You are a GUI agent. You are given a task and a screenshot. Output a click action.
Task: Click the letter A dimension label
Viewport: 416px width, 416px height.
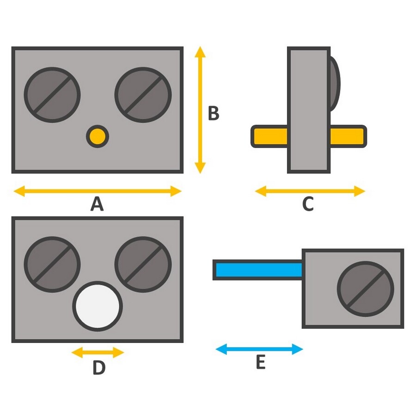tap(97, 204)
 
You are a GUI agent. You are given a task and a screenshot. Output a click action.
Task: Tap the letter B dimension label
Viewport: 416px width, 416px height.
tap(213, 113)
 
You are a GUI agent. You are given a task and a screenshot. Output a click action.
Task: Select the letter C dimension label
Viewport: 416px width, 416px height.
tap(308, 204)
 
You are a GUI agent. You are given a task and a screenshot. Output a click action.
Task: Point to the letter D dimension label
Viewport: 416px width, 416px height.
tap(99, 368)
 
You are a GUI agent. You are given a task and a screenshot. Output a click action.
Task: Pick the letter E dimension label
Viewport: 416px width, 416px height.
tap(260, 363)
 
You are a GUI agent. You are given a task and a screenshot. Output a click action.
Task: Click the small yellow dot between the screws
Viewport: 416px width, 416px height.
tap(98, 136)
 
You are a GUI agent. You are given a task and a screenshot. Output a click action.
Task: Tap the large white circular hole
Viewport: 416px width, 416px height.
tap(98, 306)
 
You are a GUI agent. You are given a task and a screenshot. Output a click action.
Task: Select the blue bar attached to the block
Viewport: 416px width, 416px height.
tap(257, 270)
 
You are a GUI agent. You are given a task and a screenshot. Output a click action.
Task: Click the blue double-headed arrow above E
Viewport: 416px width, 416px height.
tap(259, 349)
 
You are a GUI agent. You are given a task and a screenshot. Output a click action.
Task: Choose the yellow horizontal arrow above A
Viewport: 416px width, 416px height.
tap(97, 191)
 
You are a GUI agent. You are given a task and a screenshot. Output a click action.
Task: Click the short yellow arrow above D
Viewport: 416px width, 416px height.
tap(98, 353)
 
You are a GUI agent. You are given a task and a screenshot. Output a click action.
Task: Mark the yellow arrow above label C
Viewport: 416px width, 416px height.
tap(310, 191)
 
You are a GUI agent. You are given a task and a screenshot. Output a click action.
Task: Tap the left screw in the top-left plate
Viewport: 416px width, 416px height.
tap(52, 95)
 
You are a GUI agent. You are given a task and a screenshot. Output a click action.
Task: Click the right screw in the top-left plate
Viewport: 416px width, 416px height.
tap(143, 95)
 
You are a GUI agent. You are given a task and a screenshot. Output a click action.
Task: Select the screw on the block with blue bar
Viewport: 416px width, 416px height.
tap(366, 289)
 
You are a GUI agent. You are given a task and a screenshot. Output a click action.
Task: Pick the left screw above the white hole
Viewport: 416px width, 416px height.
tap(52, 264)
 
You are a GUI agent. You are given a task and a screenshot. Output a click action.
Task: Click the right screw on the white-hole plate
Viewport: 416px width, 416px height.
tap(143, 264)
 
